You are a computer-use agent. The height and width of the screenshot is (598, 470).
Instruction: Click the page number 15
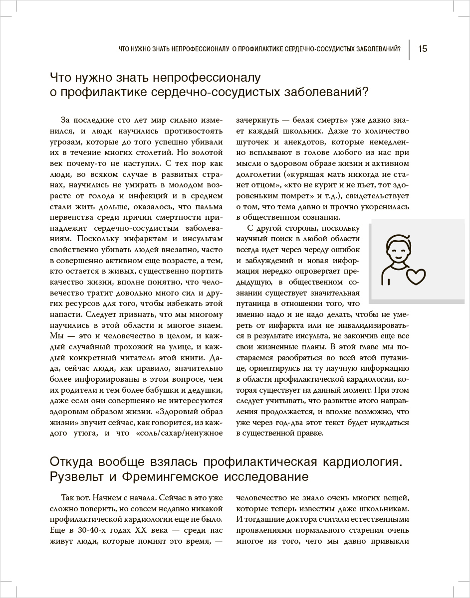click(422, 49)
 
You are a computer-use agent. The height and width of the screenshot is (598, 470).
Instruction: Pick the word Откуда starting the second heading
click(73, 461)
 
